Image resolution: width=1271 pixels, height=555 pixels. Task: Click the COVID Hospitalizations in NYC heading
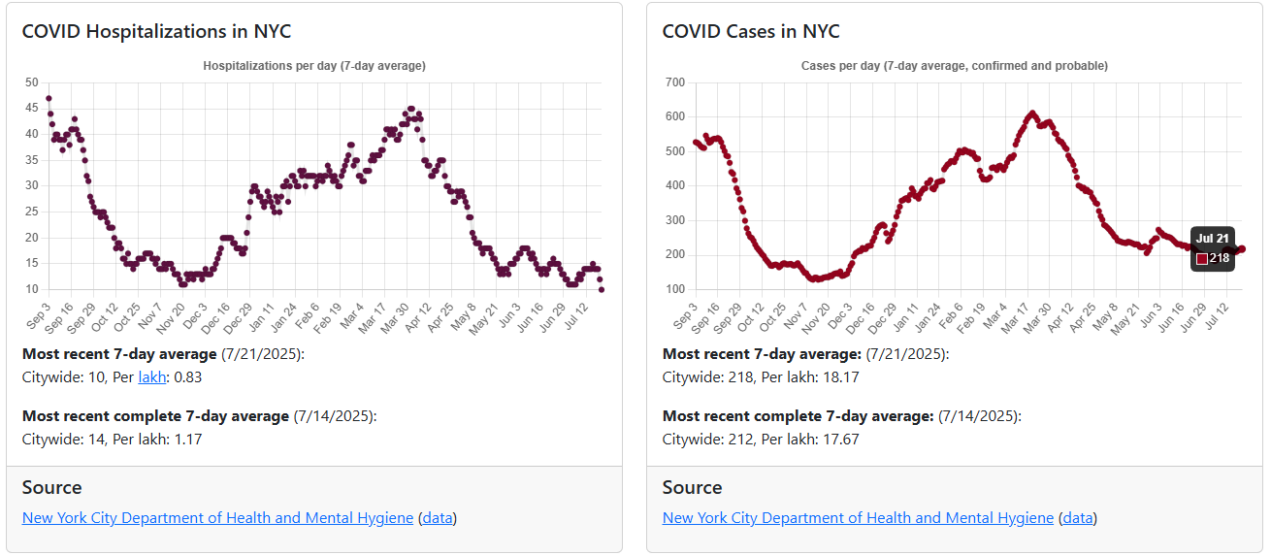tap(156, 31)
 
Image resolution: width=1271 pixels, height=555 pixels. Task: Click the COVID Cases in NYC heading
tap(750, 31)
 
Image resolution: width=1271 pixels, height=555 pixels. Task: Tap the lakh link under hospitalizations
tap(151, 376)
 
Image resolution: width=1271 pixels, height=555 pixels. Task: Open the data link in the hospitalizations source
tap(438, 517)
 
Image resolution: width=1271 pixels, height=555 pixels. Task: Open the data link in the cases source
tap(1078, 517)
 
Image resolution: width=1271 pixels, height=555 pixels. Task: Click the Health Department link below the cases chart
tap(858, 517)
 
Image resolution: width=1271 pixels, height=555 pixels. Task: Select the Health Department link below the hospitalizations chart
tap(217, 517)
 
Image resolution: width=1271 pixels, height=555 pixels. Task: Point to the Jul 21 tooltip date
tap(1212, 239)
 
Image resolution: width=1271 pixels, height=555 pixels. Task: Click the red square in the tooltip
tap(1201, 258)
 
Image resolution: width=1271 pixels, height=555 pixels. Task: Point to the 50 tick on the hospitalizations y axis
tap(32, 82)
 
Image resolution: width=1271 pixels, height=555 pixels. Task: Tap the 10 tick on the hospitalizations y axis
tap(32, 289)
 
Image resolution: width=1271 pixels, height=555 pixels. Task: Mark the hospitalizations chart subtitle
tap(313, 66)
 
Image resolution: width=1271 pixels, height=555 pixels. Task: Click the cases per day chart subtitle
tap(954, 66)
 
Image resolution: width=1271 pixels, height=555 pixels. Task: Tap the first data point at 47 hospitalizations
tap(49, 98)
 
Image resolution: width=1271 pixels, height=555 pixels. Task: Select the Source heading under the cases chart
tap(692, 487)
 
